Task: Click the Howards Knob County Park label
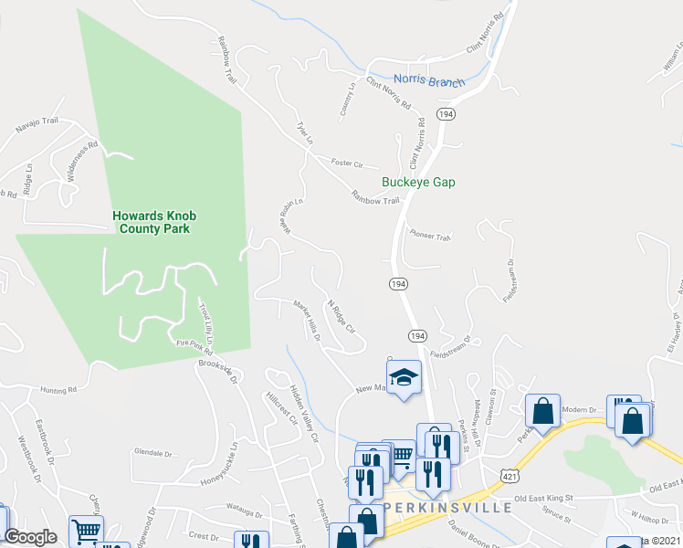[x=154, y=222]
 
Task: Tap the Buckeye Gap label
[x=418, y=183]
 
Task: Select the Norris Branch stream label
[x=429, y=80]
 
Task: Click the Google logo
[x=31, y=537]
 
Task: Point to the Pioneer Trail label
[x=431, y=236]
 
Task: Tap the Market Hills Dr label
[x=307, y=321]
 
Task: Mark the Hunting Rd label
[x=58, y=390]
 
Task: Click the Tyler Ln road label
[x=305, y=132]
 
